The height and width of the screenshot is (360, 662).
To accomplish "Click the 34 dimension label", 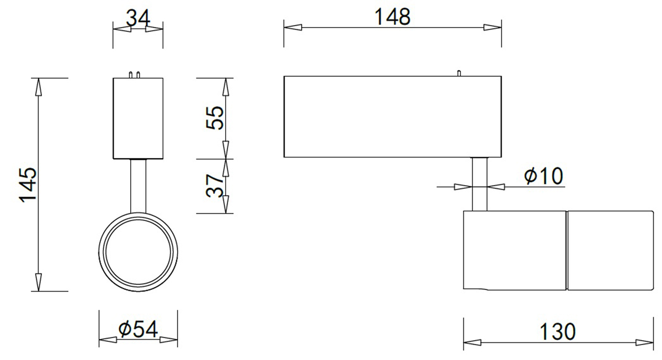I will [138, 18].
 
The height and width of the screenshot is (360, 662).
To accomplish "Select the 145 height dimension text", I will [28, 184].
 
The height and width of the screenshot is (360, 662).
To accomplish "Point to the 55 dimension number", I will [215, 117].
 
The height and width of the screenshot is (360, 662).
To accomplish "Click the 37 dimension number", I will [215, 186].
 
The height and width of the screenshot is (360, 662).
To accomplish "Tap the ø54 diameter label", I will [138, 329].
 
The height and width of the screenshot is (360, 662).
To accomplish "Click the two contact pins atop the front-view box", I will [134, 74].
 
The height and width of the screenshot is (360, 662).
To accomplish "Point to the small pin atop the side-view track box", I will [458, 73].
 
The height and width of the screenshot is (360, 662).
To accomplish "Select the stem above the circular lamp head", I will [138, 185].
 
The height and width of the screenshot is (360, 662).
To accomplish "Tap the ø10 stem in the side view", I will [479, 184].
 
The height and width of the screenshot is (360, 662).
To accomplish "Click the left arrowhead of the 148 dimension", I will [293, 27].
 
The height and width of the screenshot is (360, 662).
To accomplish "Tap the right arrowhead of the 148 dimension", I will [493, 27].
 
